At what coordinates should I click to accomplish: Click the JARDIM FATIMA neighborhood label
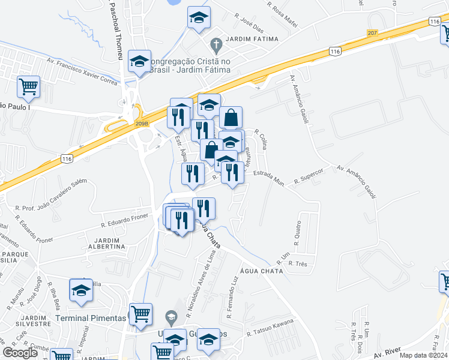253,39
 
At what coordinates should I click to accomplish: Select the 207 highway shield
373,32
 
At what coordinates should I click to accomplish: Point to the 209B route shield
142,124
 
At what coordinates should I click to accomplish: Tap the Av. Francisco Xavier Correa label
83,71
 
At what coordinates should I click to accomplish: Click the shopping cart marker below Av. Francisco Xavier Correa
28,88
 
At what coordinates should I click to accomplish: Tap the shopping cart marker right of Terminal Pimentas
140,314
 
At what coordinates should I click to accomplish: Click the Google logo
20,353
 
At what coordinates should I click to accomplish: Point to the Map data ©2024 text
424,355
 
